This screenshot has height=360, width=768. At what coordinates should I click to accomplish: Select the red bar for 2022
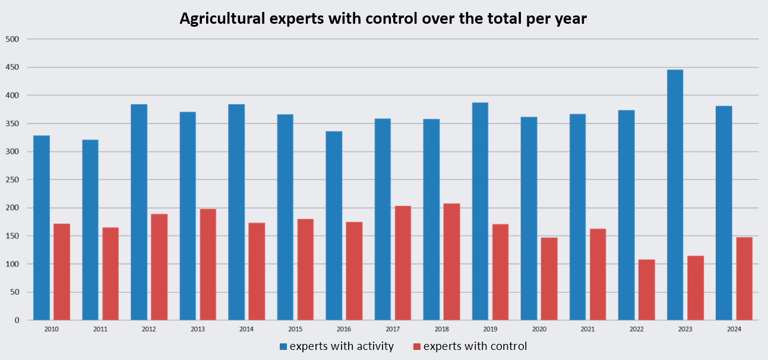click(x=646, y=290)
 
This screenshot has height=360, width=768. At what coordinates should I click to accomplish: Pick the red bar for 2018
click(x=451, y=262)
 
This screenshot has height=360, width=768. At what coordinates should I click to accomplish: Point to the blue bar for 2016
click(x=334, y=226)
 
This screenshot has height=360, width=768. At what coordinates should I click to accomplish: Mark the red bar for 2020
click(x=549, y=279)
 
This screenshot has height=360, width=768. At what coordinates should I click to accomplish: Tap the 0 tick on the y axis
click(x=17, y=320)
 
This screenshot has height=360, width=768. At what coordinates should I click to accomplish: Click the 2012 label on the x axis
click(x=149, y=329)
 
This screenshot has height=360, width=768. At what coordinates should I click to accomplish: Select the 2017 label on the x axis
click(x=393, y=329)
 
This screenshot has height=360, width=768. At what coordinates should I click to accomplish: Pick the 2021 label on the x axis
click(x=587, y=329)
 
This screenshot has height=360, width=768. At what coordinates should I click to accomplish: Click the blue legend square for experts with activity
click(x=283, y=346)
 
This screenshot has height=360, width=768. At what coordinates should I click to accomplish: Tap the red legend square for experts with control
click(x=417, y=346)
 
